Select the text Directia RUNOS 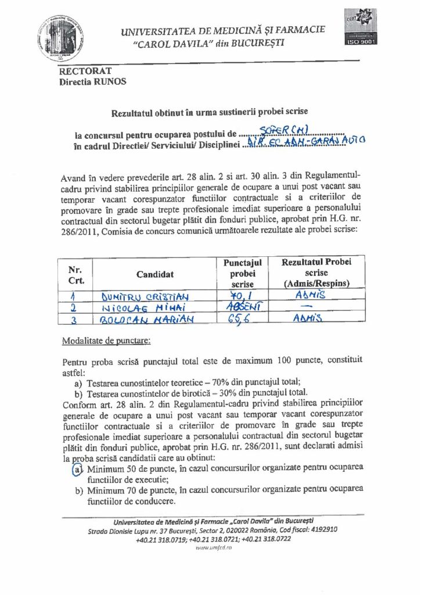92,82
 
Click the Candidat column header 154,274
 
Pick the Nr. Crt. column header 75,275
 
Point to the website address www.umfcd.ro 210,547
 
